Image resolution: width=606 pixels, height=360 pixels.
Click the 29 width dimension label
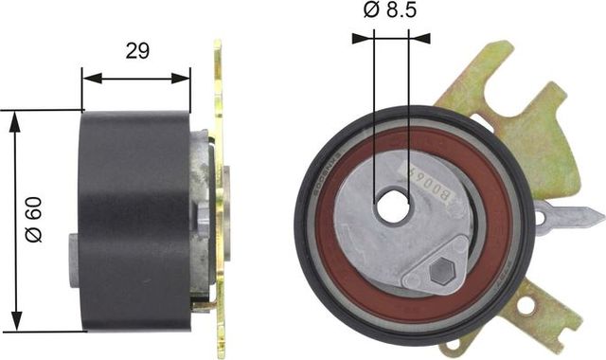coord(137,53)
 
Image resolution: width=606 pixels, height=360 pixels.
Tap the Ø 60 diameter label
coord(35,221)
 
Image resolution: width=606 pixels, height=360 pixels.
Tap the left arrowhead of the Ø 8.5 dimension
coord(359,39)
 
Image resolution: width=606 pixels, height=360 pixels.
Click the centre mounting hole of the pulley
coord(392,207)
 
